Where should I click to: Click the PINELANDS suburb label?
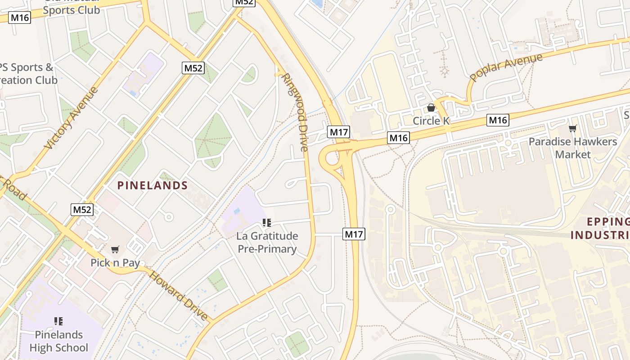153,185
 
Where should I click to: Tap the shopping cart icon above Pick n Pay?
115,249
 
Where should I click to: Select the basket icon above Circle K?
431,108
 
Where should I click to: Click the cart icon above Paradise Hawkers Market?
572,129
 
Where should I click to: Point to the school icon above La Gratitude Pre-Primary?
267,222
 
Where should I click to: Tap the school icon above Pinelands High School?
58,321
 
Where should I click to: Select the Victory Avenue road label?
71,118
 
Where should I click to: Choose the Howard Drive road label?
179,296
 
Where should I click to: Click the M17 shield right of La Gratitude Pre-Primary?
354,234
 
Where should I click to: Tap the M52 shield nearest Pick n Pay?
82,209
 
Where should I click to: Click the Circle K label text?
431,121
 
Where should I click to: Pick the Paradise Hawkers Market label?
572,148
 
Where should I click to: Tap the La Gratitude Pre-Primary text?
267,243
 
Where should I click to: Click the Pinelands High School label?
58,341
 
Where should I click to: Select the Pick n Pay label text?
115,263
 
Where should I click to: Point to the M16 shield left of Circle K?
398,138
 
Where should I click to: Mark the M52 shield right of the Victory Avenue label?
193,68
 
